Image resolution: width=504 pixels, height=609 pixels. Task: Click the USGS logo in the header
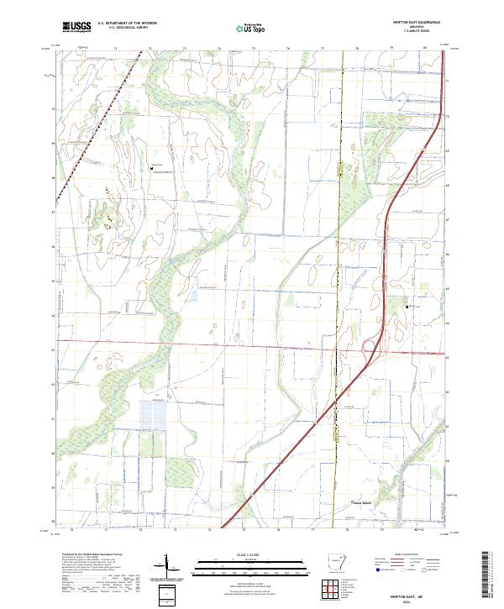[x=76, y=28]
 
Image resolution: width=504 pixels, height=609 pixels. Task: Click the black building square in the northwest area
[x=151, y=168]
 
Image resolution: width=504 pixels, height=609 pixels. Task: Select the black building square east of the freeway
[x=407, y=307]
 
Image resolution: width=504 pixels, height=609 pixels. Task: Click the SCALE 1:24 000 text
[x=251, y=556]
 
